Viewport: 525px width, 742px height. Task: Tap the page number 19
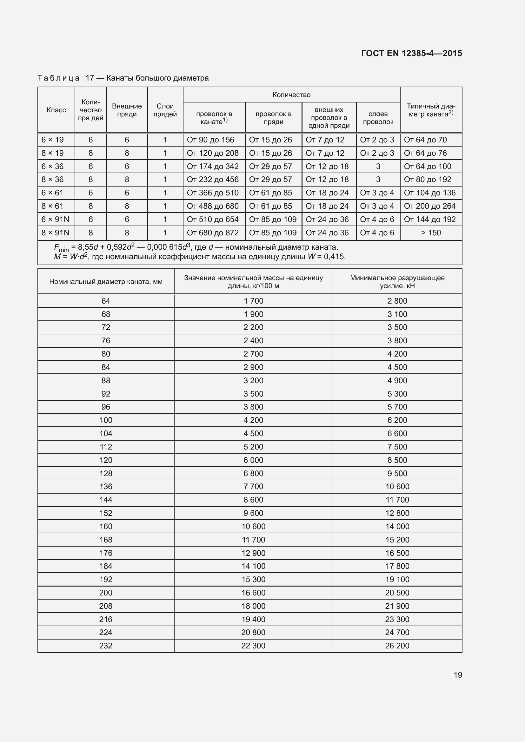458,675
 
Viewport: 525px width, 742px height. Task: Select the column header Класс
56,110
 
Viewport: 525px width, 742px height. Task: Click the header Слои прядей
165,110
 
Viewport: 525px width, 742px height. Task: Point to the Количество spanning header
291,95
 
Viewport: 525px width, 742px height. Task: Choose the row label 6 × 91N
55,220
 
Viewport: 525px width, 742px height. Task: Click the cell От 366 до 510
212,193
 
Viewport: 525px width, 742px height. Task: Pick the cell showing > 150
431,233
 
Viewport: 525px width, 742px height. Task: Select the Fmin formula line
196,247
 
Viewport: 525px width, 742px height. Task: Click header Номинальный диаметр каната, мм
106,282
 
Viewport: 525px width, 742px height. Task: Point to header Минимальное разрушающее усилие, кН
397,282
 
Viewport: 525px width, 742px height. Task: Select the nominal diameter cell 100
106,420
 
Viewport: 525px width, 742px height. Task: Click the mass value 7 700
253,486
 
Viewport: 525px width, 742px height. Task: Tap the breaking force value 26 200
397,646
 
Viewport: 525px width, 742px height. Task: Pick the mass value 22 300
253,646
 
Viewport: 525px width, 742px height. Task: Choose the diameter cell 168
106,540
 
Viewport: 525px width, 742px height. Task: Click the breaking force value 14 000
397,527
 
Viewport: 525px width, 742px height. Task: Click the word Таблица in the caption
58,78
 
